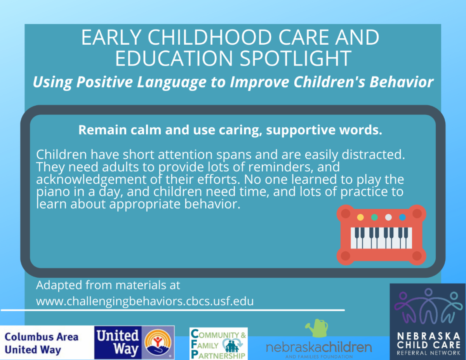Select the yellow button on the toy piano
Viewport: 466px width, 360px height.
[360, 217]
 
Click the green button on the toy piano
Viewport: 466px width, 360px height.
[374, 217]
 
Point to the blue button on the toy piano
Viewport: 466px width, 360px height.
[402, 217]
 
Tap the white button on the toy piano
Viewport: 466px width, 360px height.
[388, 217]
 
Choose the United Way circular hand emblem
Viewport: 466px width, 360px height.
[158, 343]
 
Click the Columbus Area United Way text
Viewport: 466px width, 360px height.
[42, 343]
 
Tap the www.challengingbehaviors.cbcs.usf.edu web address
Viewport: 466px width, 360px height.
[145, 301]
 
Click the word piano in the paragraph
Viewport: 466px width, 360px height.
[53, 192]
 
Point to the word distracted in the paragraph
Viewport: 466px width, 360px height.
[373, 155]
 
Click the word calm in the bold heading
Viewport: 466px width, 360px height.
[146, 130]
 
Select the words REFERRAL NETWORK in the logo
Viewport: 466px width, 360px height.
[428, 353]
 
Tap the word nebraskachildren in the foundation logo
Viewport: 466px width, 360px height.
[319, 347]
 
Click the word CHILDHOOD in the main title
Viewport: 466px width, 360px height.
[210, 37]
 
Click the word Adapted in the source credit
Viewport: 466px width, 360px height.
[59, 285]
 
